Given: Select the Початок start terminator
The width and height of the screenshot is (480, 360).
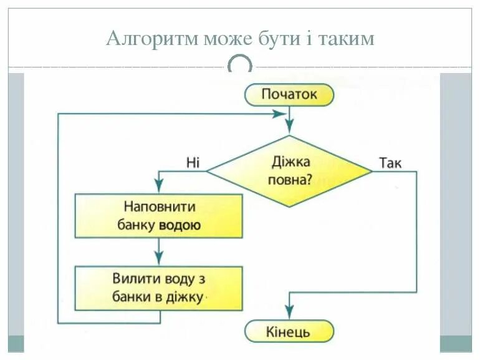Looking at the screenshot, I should click(289, 95).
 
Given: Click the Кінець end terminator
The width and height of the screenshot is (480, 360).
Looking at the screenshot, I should click(289, 331).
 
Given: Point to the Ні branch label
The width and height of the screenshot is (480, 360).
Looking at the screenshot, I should click(193, 163).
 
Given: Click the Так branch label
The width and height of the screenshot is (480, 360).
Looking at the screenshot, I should click(390, 163).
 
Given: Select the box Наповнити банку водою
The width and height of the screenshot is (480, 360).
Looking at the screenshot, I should click(158, 216).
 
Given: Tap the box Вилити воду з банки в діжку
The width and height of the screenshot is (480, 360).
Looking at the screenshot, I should click(158, 288).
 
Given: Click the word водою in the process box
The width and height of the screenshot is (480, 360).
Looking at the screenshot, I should click(180, 225).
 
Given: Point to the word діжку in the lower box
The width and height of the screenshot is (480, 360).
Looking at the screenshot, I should click(185, 298).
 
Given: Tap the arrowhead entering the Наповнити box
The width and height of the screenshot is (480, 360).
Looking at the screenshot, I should click(158, 187).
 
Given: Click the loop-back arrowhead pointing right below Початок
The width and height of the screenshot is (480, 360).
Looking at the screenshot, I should click(279, 114).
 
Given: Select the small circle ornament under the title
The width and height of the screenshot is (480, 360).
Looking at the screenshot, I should click(240, 65).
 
